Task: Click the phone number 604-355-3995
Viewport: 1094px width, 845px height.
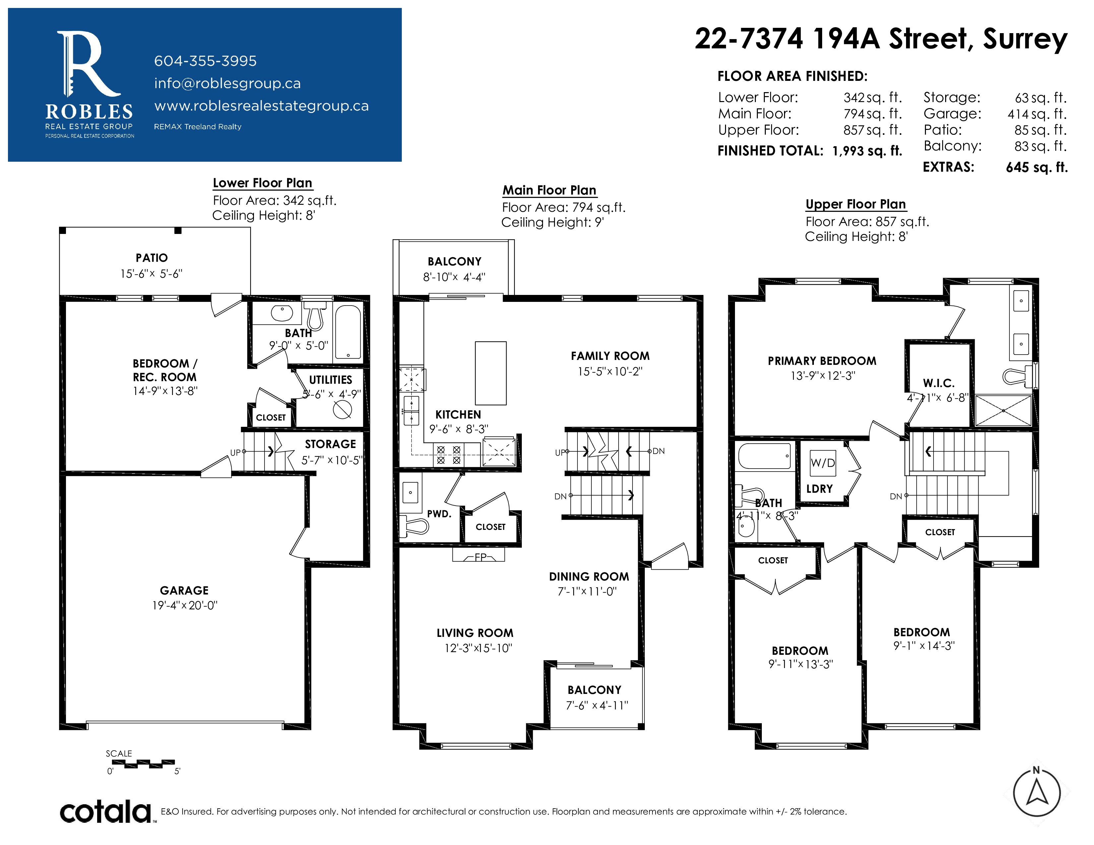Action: (206, 61)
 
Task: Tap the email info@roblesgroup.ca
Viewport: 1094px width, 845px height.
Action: (227, 83)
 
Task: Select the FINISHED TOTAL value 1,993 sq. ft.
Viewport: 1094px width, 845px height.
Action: (867, 151)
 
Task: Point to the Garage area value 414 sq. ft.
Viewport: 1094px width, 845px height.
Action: (1037, 114)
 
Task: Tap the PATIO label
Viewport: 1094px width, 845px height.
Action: (152, 258)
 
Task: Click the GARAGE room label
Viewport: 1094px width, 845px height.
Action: (184, 591)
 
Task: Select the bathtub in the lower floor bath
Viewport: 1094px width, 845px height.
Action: (348, 331)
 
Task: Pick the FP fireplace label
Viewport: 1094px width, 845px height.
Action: (480, 557)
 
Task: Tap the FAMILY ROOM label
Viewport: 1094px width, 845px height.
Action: (610, 356)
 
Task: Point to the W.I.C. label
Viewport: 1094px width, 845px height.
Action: (939, 383)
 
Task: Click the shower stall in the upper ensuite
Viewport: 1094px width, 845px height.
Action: (1003, 411)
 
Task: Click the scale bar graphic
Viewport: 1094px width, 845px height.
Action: (143, 763)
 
